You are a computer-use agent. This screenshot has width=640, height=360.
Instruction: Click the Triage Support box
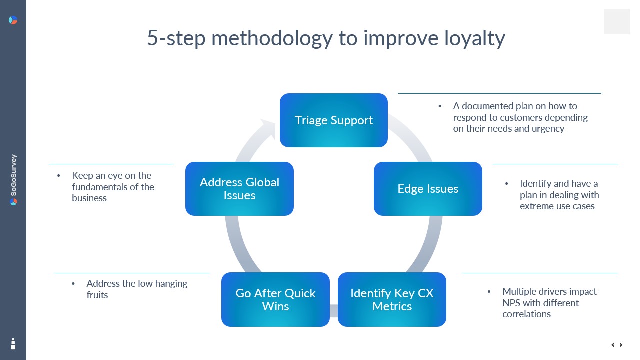click(x=333, y=120)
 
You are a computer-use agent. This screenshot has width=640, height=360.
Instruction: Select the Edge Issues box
click(x=428, y=189)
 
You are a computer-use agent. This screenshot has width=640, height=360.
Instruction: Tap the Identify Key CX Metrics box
click(x=392, y=299)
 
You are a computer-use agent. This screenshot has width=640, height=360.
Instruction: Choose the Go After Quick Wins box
click(x=275, y=299)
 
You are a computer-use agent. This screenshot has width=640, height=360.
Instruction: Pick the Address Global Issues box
click(x=239, y=189)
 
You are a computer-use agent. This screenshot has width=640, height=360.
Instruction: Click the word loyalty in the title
click(x=474, y=38)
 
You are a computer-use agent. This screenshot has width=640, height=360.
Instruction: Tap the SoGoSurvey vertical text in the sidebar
click(x=13, y=174)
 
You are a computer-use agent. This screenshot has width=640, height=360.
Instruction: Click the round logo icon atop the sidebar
click(x=13, y=20)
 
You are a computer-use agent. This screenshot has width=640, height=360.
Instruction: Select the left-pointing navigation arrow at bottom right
click(x=613, y=345)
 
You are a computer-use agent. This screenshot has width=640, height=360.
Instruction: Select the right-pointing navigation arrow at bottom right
click(x=621, y=345)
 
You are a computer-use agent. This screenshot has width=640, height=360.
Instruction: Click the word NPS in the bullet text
click(x=512, y=303)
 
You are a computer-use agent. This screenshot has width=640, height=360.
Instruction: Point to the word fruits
click(x=97, y=295)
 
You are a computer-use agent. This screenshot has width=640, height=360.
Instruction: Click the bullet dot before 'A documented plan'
click(x=440, y=106)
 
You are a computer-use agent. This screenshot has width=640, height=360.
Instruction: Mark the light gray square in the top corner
click(x=617, y=21)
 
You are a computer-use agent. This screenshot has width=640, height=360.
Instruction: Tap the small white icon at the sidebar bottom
click(x=13, y=343)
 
